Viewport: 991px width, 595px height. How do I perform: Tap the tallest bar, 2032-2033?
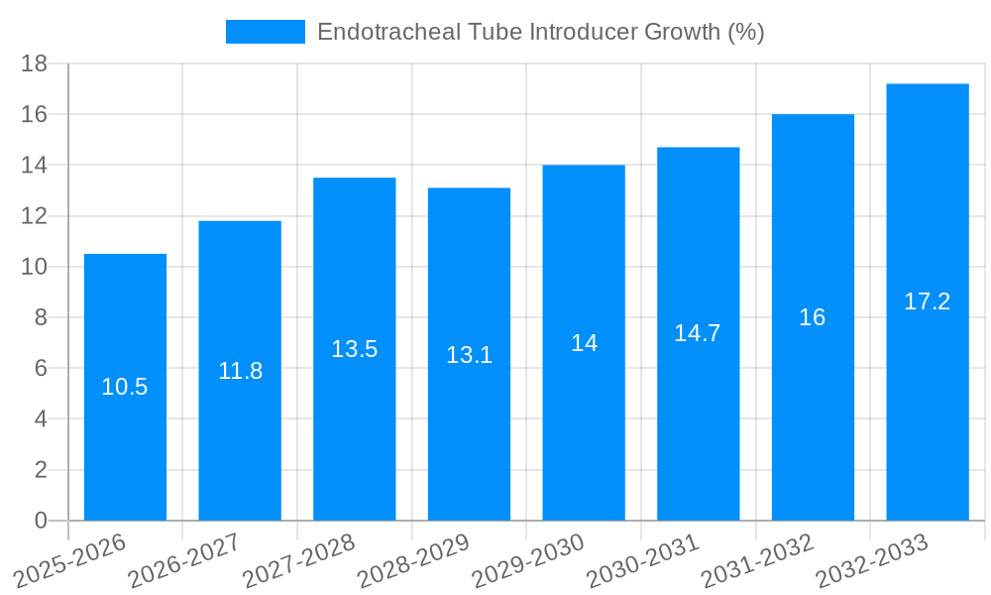click(928, 397)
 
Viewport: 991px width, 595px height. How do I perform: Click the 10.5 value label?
click(125, 388)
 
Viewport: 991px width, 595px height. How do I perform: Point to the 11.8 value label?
click(240, 371)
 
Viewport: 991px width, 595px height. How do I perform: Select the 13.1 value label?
click(470, 355)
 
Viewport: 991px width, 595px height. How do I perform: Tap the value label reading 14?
click(584, 343)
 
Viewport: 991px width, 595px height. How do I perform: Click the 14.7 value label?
click(699, 334)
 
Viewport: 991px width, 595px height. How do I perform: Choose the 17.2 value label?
click(928, 302)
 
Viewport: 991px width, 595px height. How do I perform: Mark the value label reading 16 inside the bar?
click(813, 317)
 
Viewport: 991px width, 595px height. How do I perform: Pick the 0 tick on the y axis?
click(41, 521)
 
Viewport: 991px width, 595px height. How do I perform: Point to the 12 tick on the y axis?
click(35, 216)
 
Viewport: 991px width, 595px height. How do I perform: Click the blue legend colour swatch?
click(266, 32)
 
